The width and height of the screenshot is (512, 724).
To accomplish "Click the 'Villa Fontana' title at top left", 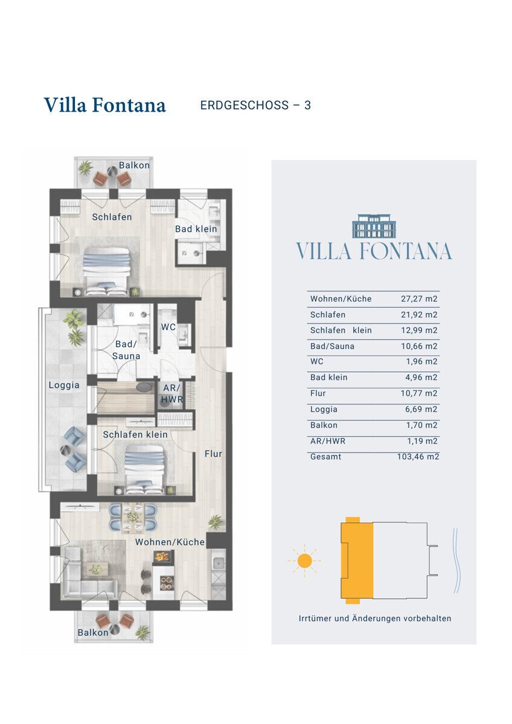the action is click(x=105, y=105).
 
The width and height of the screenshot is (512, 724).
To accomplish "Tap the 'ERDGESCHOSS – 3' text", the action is click(x=255, y=106).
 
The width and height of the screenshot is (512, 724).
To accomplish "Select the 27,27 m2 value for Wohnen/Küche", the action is click(x=419, y=299).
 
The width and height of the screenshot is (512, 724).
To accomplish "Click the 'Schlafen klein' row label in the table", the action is click(x=341, y=331).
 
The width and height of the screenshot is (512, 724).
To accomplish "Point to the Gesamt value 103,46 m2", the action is click(x=418, y=457).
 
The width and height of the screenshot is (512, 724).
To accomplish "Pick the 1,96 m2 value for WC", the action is click(x=422, y=361).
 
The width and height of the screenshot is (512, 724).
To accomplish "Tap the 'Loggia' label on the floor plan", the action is click(x=64, y=386).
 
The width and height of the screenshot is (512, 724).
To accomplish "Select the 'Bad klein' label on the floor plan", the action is click(x=196, y=229).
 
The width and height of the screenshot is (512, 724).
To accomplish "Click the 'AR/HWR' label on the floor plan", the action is click(x=171, y=393).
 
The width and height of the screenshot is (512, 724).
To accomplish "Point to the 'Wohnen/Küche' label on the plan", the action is click(x=170, y=542).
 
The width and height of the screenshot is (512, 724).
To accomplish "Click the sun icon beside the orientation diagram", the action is click(x=304, y=560).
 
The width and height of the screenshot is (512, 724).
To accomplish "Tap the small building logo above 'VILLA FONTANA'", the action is click(x=374, y=226).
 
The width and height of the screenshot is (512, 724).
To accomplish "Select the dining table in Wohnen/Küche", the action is click(x=133, y=518).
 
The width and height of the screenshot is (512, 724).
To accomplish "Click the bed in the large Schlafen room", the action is click(x=106, y=271).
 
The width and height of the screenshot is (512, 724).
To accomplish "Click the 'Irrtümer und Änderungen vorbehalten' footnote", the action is click(x=375, y=618).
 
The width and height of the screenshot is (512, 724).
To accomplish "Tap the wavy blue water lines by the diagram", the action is click(x=456, y=560).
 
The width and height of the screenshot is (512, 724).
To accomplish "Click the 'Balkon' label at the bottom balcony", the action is click(x=93, y=632).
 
